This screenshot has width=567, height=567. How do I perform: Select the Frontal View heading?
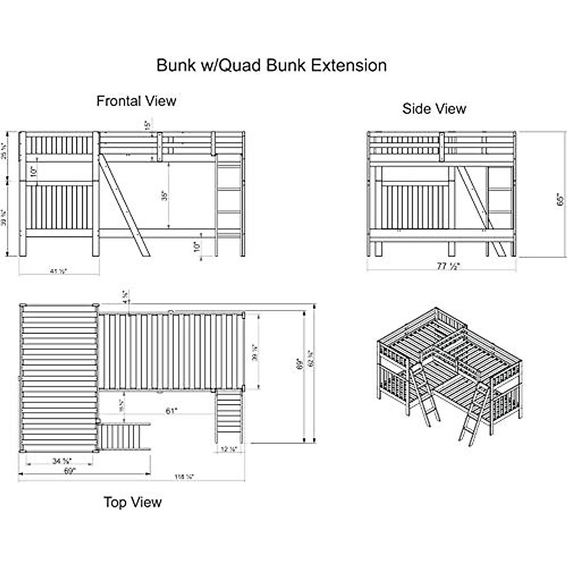[x=136, y=101]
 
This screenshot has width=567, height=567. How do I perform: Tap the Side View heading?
[x=434, y=109]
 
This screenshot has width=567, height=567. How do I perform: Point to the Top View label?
[x=133, y=502]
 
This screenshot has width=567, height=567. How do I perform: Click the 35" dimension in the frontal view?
[x=164, y=196]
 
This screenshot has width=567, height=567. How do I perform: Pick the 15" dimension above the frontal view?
[x=147, y=125]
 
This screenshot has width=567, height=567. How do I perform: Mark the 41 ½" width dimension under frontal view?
[x=59, y=271]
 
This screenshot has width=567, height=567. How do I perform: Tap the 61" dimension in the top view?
[x=171, y=411]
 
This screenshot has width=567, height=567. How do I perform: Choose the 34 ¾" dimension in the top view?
[x=61, y=461]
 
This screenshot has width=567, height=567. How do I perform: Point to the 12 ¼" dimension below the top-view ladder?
[x=229, y=449]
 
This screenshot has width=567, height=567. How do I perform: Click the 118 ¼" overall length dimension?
[x=184, y=477]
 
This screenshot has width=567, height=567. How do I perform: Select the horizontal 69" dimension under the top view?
[x=69, y=471]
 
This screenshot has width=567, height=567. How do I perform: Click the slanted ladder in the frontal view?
[x=125, y=206]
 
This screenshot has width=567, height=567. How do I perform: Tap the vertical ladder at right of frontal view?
[x=229, y=201]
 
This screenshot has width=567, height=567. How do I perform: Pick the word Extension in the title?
[x=350, y=65]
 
